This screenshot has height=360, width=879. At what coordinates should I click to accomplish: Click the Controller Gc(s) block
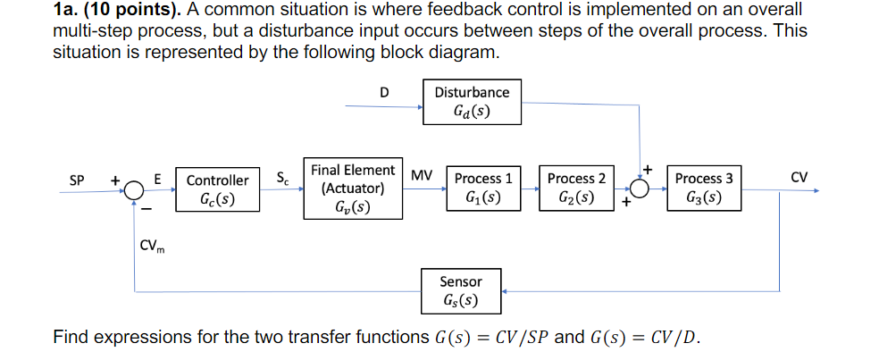click(217, 189)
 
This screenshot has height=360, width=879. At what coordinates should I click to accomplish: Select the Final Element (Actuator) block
click(353, 189)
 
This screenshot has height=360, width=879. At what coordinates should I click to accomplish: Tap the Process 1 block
click(483, 188)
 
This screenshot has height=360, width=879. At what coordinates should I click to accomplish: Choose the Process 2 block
click(576, 188)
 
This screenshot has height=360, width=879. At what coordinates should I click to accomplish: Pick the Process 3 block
click(704, 188)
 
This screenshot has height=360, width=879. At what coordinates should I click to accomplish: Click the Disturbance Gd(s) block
click(472, 103)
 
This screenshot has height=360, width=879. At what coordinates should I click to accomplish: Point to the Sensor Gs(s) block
click(461, 290)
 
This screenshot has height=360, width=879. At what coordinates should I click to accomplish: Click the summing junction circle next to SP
click(134, 189)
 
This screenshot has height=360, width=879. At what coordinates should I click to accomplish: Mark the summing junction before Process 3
click(640, 189)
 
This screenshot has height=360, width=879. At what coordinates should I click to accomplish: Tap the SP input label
click(78, 179)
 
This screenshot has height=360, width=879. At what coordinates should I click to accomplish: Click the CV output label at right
click(799, 177)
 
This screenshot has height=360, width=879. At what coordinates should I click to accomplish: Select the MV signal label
click(422, 177)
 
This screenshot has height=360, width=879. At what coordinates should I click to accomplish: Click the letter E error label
click(158, 179)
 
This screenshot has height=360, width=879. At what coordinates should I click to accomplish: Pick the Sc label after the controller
click(282, 177)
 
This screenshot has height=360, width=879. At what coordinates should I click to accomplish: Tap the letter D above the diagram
click(384, 92)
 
